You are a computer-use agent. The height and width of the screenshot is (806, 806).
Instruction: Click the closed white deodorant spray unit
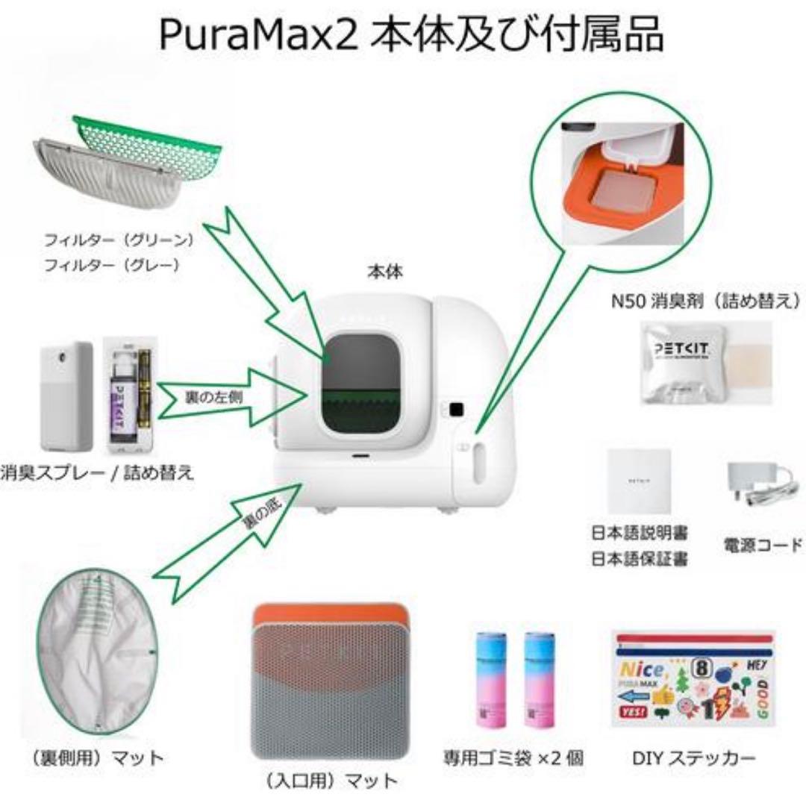click(x=66, y=396)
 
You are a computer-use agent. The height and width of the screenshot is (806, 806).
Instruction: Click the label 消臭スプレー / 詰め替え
click(x=97, y=472)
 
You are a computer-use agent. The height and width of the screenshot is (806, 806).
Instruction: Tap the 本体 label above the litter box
click(x=385, y=272)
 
